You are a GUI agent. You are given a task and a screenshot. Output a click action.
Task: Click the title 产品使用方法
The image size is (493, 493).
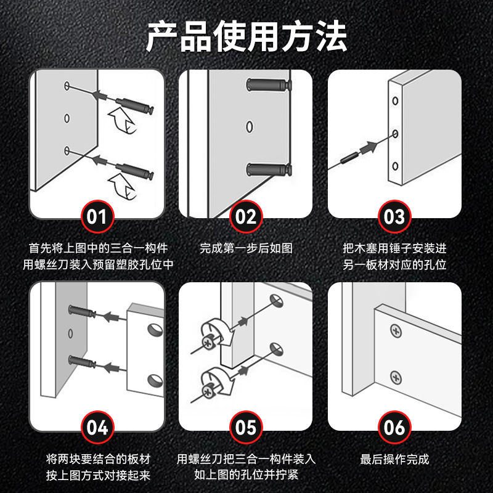(x=246, y=36)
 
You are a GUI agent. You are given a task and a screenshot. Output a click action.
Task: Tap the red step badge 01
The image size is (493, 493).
(x=97, y=217)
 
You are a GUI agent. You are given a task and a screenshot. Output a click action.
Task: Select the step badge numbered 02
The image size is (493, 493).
(x=246, y=217)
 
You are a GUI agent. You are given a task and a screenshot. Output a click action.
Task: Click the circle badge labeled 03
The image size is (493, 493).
(x=394, y=217)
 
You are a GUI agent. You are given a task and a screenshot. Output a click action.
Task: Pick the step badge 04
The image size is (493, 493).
(x=97, y=427)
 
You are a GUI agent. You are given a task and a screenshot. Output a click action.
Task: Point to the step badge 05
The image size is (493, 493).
(x=246, y=427)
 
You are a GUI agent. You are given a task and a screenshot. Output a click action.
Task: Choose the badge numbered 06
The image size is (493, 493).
(x=394, y=427)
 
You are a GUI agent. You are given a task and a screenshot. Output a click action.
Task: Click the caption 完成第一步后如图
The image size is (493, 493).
(x=246, y=248)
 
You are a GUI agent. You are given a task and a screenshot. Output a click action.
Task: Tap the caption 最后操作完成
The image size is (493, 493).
(x=394, y=459)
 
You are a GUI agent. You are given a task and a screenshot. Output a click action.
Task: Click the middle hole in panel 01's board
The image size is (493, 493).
(x=67, y=118)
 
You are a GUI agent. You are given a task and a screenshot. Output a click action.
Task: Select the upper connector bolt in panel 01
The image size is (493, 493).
(x=134, y=105)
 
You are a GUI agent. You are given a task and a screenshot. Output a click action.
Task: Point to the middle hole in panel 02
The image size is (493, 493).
(x=250, y=127)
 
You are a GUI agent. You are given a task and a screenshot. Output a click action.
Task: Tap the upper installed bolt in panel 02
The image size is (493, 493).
(x=269, y=84)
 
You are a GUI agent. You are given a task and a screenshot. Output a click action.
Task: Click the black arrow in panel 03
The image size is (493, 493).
(x=369, y=147)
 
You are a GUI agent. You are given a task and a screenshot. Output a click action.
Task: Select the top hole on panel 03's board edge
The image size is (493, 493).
(x=395, y=101)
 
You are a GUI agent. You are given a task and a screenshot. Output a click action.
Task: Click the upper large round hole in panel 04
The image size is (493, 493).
(x=155, y=330)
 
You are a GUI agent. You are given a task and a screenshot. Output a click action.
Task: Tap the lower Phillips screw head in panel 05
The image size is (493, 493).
(x=208, y=391)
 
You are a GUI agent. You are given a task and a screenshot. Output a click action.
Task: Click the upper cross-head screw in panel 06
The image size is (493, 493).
(x=396, y=332)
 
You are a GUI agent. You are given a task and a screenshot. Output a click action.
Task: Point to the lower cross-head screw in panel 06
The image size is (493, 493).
(x=396, y=378)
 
